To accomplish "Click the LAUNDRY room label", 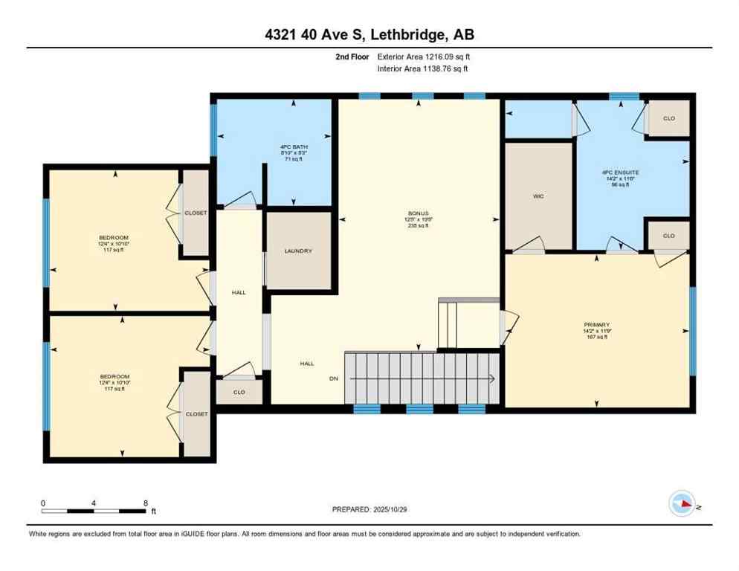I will point(298,251).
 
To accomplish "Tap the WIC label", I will point(538,197).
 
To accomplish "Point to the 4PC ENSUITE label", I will point(620,172).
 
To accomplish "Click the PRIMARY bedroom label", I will point(596,325).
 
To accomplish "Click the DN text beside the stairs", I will point(334,378).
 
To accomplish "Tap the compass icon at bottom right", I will point(682,505).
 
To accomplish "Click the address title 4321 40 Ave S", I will point(369,34).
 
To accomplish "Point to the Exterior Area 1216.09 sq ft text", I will point(423,57).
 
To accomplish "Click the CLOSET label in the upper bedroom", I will point(196,213).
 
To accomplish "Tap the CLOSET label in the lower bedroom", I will point(196,413).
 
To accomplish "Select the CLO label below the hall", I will point(239,392).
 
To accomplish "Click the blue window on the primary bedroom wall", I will point(692,331).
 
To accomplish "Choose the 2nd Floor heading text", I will point(352,57).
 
